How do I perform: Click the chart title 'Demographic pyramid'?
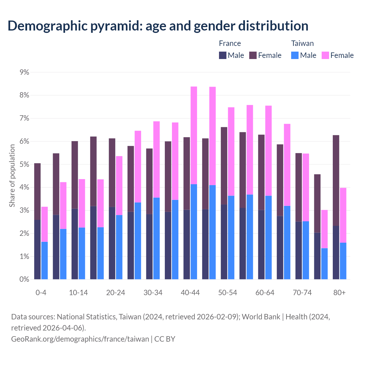158,26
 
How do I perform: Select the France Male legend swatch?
223,55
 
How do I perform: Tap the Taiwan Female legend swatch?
325,55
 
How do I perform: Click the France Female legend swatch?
253,55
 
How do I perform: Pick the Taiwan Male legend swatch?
295,55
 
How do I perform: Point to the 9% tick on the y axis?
24,72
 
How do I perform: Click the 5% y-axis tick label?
24,165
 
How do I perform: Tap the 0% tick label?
24,279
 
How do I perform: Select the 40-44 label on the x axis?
190,293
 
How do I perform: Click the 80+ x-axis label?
339,293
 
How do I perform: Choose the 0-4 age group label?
41,293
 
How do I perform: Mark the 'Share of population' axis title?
12,176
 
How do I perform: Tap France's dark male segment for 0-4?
37,250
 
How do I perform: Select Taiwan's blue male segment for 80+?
343,261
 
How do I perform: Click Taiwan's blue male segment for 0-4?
44,260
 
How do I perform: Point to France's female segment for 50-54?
224,166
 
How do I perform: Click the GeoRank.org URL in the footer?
80,339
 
